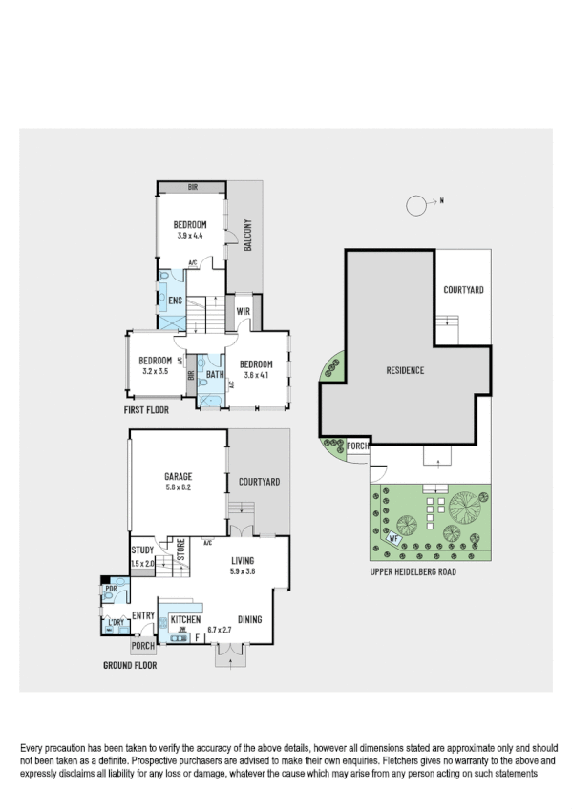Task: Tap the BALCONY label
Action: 247,235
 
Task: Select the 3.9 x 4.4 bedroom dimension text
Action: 190,235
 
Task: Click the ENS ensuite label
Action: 176,301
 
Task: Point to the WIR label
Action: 243,310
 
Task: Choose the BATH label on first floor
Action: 215,375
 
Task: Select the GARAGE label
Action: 178,476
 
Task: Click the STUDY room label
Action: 143,550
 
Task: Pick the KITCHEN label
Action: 185,620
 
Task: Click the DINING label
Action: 250,620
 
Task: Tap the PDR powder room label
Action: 111,589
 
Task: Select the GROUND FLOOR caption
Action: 130,665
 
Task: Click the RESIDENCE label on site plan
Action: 405,370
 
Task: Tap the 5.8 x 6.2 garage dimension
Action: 178,487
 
